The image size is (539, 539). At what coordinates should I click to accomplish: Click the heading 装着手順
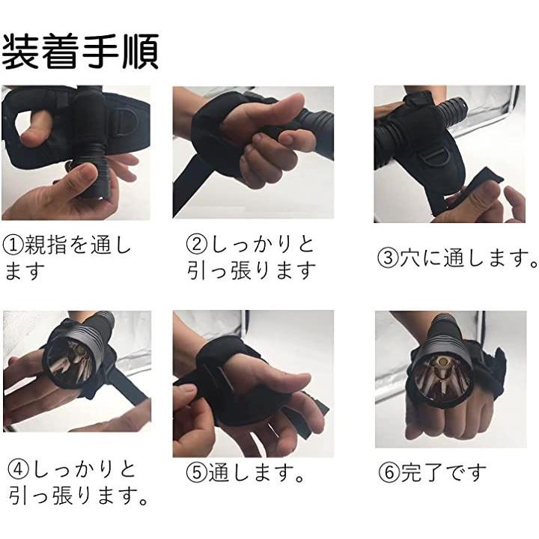[x=80, y=52]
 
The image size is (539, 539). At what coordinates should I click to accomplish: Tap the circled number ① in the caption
[x=13, y=245]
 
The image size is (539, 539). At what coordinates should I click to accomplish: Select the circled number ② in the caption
[x=197, y=244]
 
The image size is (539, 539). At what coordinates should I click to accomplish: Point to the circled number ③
[x=388, y=258]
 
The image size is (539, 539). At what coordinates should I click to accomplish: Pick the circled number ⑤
[x=197, y=472]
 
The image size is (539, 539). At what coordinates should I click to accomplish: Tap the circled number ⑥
[x=389, y=472]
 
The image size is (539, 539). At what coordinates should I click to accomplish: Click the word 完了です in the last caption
[x=444, y=472]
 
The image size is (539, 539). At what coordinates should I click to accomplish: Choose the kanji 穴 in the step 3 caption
[x=409, y=258]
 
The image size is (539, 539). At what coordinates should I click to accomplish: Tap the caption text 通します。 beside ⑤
[x=256, y=472]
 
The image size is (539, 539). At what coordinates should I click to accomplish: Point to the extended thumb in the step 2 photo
[x=265, y=111]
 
